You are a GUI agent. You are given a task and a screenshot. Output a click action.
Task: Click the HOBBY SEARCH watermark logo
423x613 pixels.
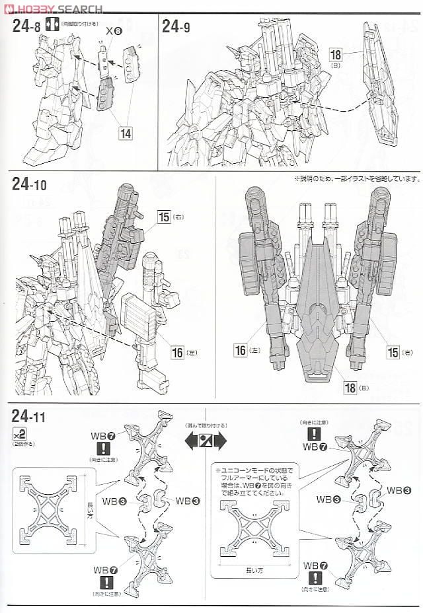[53, 9]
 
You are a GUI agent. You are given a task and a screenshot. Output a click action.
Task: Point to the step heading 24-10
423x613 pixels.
[34, 184]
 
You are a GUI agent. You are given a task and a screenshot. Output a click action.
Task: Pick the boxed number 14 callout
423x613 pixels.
[125, 132]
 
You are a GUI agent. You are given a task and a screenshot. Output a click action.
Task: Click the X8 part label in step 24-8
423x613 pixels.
[113, 30]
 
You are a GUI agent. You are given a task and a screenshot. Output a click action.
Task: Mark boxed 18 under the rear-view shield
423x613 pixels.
[350, 386]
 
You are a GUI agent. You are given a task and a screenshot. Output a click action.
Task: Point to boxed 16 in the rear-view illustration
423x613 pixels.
[241, 349]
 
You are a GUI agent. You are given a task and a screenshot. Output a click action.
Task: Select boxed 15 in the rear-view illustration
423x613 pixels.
[393, 351]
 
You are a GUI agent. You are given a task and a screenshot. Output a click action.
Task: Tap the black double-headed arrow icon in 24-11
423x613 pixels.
[205, 440]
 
